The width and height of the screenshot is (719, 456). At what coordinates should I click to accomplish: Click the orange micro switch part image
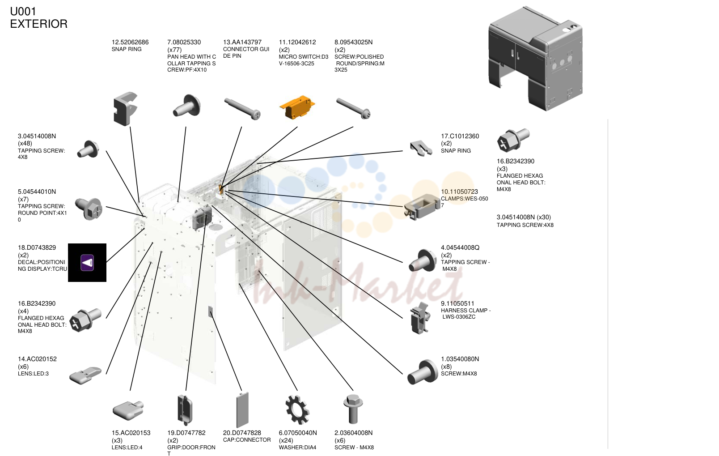pyautogui.click(x=297, y=107)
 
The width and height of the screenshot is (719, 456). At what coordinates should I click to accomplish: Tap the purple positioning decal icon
pyautogui.click(x=87, y=263)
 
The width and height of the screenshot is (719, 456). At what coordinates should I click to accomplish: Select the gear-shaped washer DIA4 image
pyautogui.click(x=297, y=410)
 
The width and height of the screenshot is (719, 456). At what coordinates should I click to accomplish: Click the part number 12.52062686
pyautogui.click(x=130, y=42)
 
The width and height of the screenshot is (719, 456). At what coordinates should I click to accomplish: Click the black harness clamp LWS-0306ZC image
pyautogui.click(x=420, y=318)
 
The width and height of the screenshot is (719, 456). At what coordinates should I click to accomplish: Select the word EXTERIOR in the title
pyautogui.click(x=39, y=24)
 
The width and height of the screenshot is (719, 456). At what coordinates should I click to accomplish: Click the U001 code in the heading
pyautogui.click(x=23, y=12)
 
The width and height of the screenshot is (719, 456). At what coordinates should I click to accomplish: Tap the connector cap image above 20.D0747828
pyautogui.click(x=242, y=410)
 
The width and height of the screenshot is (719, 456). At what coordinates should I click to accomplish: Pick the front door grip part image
pyautogui.click(x=185, y=410)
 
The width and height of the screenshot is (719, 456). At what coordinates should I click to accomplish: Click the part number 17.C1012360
pyautogui.click(x=460, y=136)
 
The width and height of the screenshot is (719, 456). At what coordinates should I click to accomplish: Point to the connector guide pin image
pyautogui.click(x=242, y=109)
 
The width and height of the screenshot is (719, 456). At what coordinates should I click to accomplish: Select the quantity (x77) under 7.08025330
pyautogui.click(x=174, y=50)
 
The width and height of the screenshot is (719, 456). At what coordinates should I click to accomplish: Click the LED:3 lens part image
pyautogui.click(x=86, y=375)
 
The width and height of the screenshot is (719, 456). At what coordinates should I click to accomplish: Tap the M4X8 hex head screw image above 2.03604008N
pyautogui.click(x=353, y=409)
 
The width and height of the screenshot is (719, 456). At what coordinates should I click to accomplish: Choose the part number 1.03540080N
pyautogui.click(x=460, y=359)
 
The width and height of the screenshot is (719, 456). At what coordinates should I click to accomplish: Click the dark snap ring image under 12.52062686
pyautogui.click(x=125, y=109)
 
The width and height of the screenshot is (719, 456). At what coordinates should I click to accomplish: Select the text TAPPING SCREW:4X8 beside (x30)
pyautogui.click(x=525, y=225)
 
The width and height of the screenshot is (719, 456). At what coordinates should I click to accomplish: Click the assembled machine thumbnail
pyautogui.click(x=535, y=59)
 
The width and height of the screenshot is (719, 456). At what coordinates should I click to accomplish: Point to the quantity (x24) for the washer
pyautogui.click(x=286, y=441)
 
